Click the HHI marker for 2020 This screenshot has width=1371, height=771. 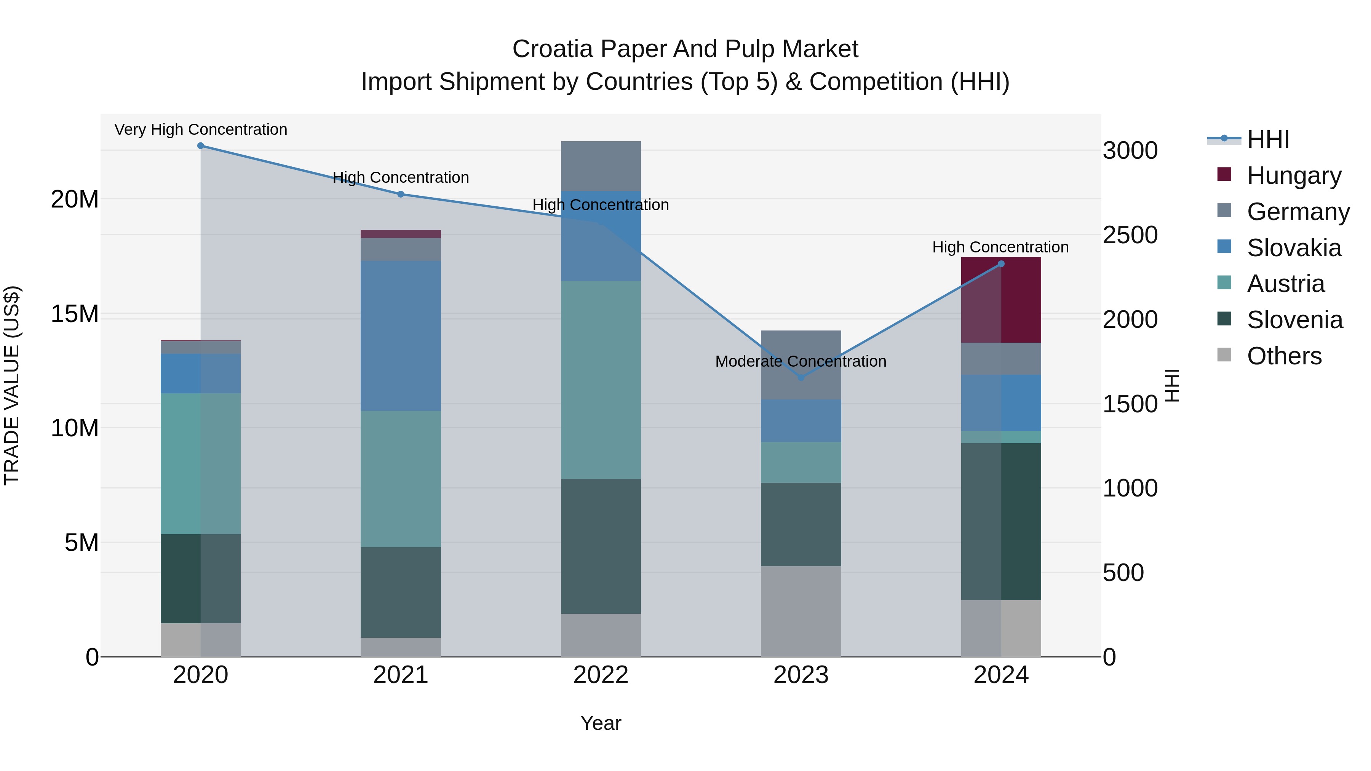pos(201,146)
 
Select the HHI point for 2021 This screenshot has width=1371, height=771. pos(401,194)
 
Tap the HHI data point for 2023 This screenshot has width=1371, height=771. pos(801,377)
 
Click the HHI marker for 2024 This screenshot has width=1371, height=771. pos(1001,264)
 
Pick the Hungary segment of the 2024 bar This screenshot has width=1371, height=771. pos(1001,300)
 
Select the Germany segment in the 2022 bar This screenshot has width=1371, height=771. pos(601,166)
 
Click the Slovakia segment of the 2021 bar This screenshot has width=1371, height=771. pos(401,336)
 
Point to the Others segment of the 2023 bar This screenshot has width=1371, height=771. pos(801,611)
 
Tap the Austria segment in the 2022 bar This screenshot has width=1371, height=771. pos(601,380)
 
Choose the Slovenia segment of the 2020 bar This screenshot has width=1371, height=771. pos(201,578)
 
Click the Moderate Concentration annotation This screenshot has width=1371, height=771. pos(801,361)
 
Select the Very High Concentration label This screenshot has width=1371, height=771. pos(201,129)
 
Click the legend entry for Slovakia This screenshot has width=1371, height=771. pos(1293,248)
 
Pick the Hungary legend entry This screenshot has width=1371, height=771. pos(1293,176)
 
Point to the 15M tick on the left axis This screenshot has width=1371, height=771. pos(75,314)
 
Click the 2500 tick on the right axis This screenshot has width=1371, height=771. pos(1130,235)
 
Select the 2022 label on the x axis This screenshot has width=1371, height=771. pos(601,675)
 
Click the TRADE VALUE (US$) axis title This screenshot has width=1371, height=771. pos(12,385)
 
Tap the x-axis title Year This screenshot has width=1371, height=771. pos(601,723)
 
